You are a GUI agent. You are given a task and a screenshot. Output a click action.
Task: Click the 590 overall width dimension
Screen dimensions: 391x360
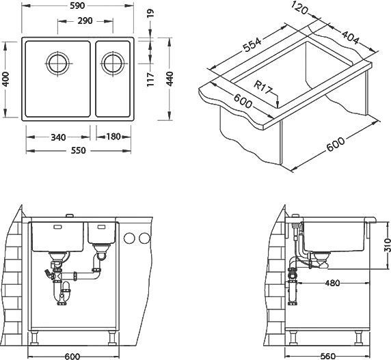pos(77,5)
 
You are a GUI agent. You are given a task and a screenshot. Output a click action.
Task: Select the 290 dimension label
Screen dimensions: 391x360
pos(85,20)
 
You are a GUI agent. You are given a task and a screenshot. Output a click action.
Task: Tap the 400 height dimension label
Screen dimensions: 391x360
pos(5,79)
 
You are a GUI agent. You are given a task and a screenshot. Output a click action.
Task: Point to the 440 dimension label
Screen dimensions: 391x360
pos(170,79)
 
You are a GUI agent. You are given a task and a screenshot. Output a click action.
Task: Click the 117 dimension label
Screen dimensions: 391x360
pos(150,79)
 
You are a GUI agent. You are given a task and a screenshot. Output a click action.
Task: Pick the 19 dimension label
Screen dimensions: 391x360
pos(150,13)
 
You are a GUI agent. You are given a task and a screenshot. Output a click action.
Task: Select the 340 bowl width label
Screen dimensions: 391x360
pos(58,137)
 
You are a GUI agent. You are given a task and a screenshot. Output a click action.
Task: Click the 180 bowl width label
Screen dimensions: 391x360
pos(113,137)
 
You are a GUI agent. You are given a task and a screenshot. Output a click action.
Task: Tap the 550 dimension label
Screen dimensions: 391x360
pos(79,150)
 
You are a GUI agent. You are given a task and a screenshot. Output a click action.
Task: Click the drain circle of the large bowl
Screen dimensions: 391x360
pos(58,64)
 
